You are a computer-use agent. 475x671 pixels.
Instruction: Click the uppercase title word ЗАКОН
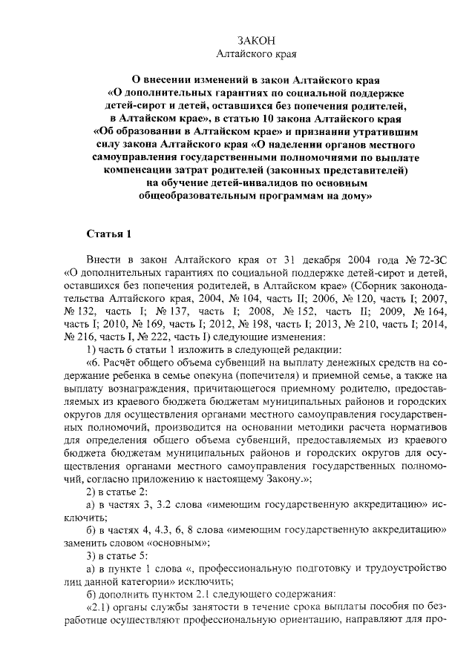point(255,40)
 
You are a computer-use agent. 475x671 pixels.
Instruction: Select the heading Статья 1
point(109,235)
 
